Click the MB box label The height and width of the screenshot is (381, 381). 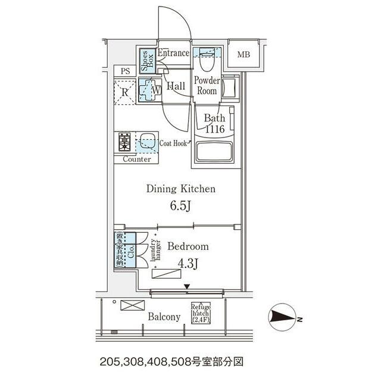pyautogui.click(x=244, y=55)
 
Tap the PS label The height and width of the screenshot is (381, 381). pyautogui.click(x=125, y=71)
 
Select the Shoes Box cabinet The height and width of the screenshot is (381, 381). pyautogui.click(x=145, y=61)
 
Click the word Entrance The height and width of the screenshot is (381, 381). pyautogui.click(x=173, y=53)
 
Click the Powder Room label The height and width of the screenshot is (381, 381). pyautogui.click(x=207, y=86)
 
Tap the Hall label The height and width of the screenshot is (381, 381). pyautogui.click(x=176, y=86)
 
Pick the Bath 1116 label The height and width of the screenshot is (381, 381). pyautogui.click(x=214, y=123)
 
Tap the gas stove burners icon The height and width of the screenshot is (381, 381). pyautogui.click(x=125, y=142)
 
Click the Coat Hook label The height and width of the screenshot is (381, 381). pyautogui.click(x=175, y=143)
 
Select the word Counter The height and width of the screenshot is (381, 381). pyautogui.click(x=136, y=160)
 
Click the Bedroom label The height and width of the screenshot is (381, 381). pyautogui.click(x=188, y=246)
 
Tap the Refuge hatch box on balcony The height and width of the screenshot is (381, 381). pyautogui.click(x=201, y=313)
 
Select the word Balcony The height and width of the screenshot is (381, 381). pyautogui.click(x=164, y=317)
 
